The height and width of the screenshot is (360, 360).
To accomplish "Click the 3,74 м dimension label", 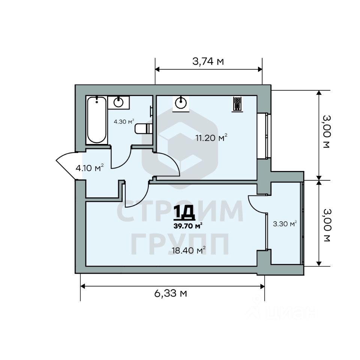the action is (x=208, y=61).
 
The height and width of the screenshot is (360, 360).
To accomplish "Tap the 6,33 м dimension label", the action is (x=170, y=293).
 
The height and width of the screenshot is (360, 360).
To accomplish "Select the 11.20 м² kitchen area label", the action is (x=211, y=138).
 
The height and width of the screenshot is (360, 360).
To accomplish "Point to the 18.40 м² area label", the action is (x=189, y=250).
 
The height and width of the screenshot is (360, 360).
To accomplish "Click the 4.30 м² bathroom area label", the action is (x=124, y=121).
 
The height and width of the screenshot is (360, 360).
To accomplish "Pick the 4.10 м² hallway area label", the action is (x=90, y=168).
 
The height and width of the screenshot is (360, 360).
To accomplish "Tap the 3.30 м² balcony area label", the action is (x=285, y=223).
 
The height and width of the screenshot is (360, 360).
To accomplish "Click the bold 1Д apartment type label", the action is (x=184, y=213).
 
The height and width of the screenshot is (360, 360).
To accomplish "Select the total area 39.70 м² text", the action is (x=188, y=226).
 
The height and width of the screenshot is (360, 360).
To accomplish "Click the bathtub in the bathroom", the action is (x=97, y=120).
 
